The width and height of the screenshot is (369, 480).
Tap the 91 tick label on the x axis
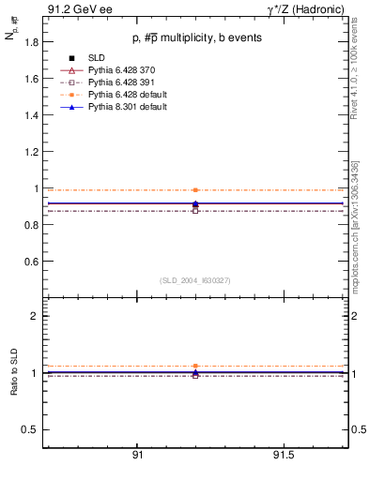pyautogui.click(x=137, y=455)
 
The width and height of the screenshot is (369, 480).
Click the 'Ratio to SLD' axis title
pyautogui.click(x=14, y=386)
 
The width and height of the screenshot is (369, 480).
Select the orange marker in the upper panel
pyautogui.click(x=195, y=189)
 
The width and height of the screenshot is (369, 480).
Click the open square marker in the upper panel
pyautogui.click(x=195, y=211)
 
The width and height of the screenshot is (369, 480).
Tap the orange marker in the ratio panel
pyautogui.click(x=195, y=366)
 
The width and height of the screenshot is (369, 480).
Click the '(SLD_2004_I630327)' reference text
pyautogui.click(x=194, y=280)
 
